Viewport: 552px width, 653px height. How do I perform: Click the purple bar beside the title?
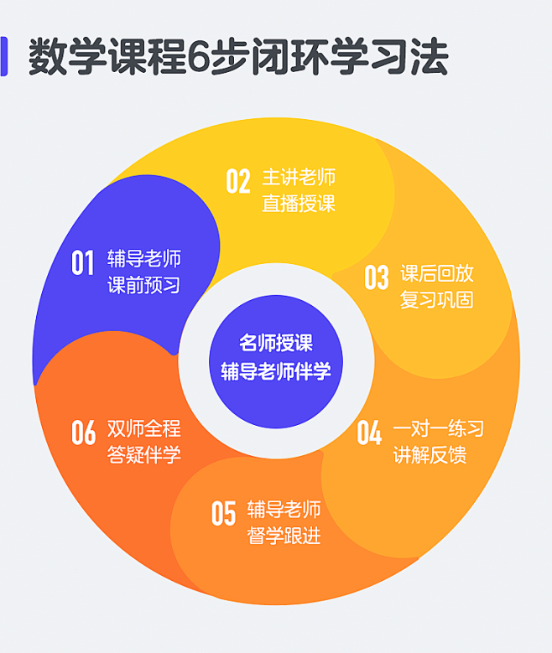click(x=3, y=56)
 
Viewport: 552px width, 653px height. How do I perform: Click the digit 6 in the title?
click(x=198, y=57)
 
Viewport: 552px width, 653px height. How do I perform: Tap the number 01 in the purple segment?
click(x=82, y=262)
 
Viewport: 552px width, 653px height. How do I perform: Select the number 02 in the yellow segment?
click(x=238, y=181)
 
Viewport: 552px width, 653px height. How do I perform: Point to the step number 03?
click(x=377, y=277)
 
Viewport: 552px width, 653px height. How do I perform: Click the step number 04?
click(x=369, y=433)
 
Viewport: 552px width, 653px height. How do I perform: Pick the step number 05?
click(x=223, y=513)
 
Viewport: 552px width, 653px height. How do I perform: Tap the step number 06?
click(x=83, y=433)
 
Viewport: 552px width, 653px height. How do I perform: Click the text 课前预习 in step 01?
click(x=143, y=285)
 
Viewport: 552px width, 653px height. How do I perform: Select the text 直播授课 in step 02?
click(x=299, y=204)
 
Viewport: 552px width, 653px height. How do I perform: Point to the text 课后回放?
click(x=437, y=273)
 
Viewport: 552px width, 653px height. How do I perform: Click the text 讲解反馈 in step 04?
click(x=430, y=455)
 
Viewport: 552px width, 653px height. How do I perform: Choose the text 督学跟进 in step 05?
click(x=284, y=536)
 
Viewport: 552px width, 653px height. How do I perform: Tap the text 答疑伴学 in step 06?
click(x=143, y=455)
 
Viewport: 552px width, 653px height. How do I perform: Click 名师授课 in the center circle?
click(x=276, y=343)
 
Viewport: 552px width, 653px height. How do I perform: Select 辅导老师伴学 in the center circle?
click(x=276, y=371)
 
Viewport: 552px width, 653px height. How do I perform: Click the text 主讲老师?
click(x=299, y=178)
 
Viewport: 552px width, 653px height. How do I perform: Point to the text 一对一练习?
click(x=438, y=428)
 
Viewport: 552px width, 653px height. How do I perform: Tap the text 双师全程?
click(x=143, y=428)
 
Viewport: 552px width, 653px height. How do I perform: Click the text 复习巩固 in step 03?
click(x=437, y=300)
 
